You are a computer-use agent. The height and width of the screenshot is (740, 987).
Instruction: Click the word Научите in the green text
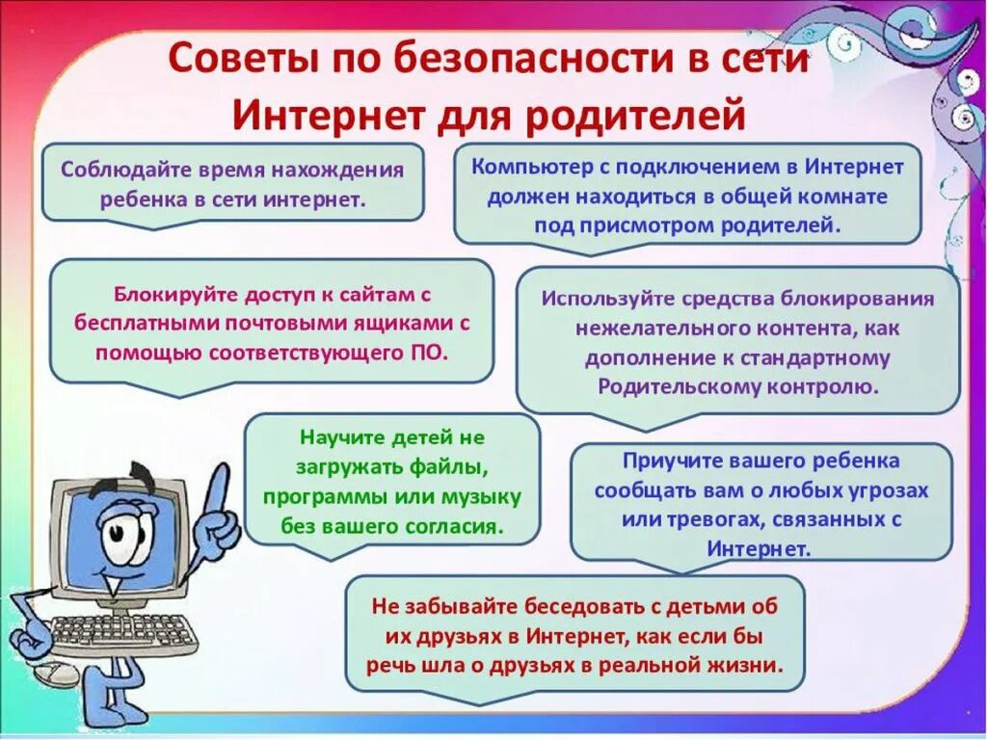pos(341,436)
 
